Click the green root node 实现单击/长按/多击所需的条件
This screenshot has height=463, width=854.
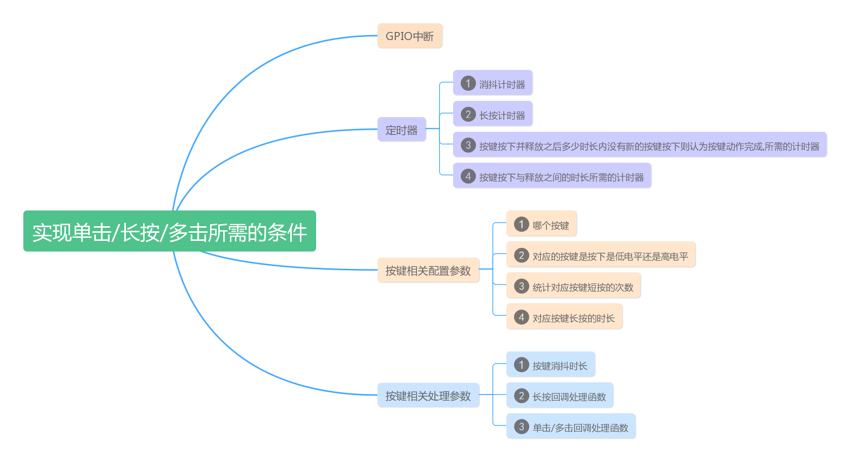point(169,231)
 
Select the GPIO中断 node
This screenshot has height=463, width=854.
point(409,36)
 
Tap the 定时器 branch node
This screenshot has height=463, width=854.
point(401,130)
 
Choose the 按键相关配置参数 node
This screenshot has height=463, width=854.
point(428,270)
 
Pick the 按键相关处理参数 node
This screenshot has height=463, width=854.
point(428,396)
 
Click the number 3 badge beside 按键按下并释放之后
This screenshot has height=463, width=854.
point(468,145)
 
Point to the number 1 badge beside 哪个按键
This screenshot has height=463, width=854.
point(521,224)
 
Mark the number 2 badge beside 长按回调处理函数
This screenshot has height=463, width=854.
point(521,396)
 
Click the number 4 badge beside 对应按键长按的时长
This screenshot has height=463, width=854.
point(521,317)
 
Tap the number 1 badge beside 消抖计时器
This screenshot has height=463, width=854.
point(468,83)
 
